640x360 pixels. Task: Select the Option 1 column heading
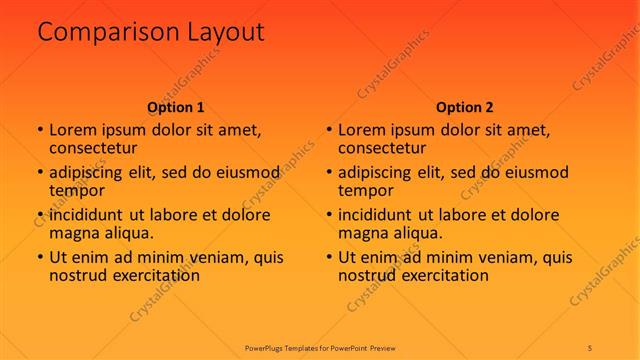point(176,107)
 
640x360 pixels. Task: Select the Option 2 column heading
point(465,107)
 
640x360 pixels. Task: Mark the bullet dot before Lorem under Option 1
point(39,130)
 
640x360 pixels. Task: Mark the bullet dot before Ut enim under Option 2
point(328,257)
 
